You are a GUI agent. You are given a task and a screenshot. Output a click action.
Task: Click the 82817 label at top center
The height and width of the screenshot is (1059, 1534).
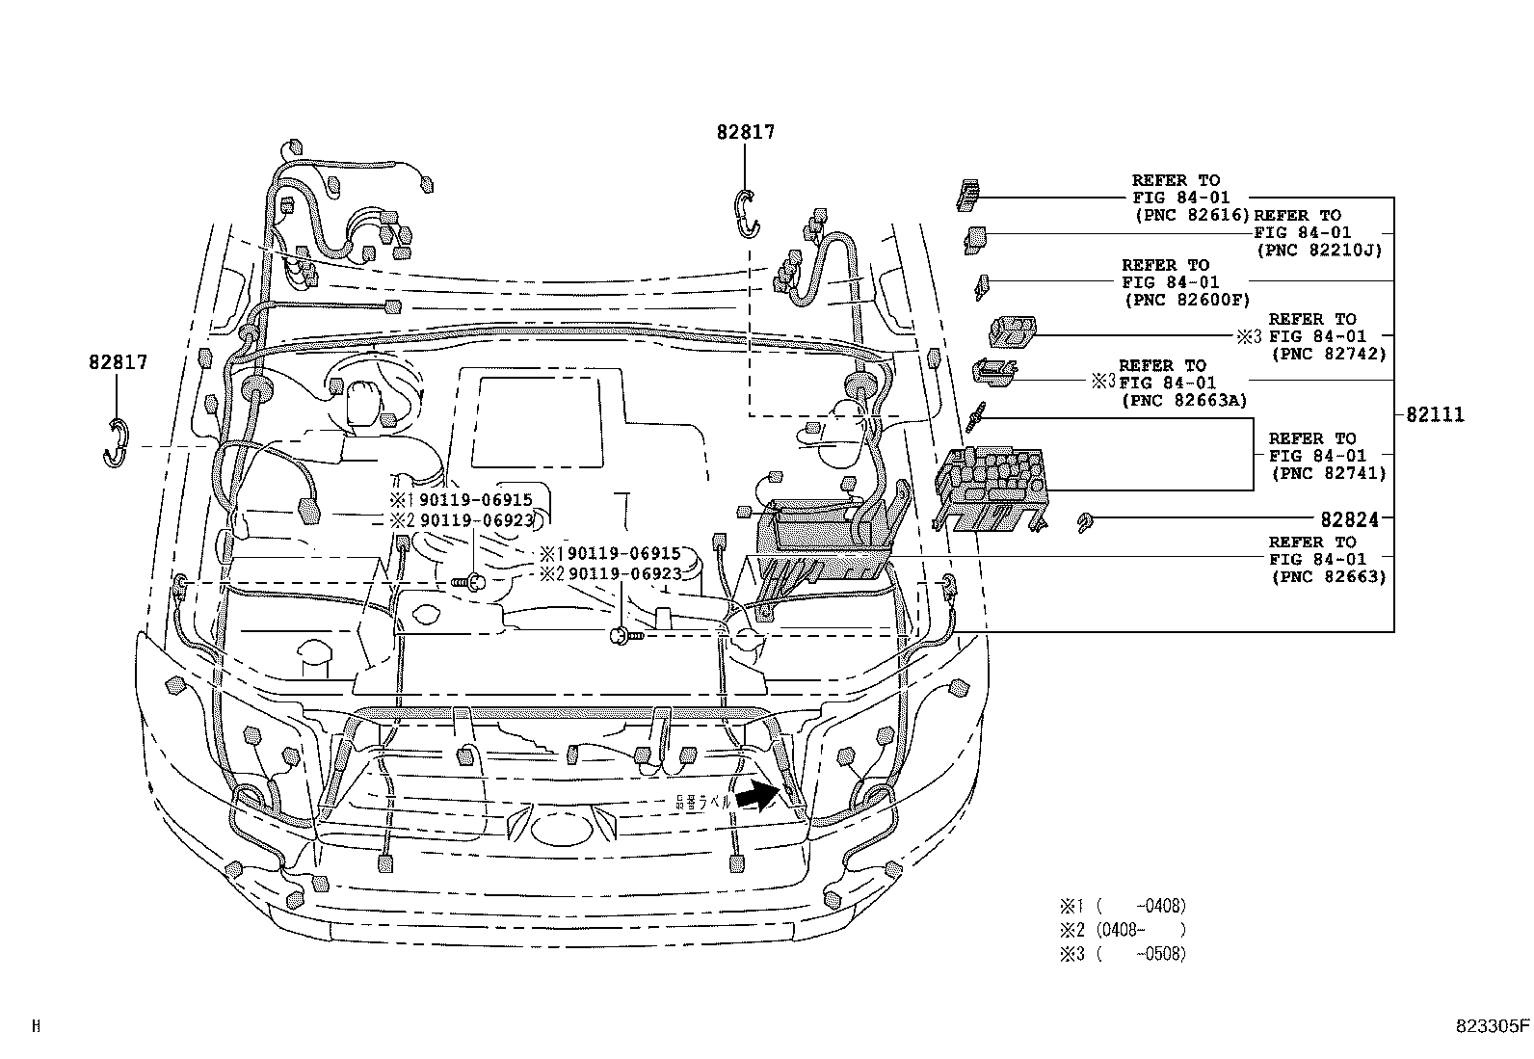tap(745, 133)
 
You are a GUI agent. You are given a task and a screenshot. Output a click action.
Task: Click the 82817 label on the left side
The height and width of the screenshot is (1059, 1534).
tap(118, 363)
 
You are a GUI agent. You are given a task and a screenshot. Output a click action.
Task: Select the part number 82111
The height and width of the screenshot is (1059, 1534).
tap(1434, 415)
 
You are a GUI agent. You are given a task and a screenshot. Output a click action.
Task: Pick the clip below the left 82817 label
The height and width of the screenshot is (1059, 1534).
tap(117, 443)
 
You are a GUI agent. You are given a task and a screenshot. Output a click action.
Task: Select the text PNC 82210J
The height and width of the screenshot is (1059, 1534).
tap(1318, 250)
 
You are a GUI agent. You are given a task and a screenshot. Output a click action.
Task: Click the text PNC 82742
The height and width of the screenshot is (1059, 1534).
tap(1328, 354)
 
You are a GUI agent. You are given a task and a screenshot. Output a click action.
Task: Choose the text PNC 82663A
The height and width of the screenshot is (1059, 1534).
tap(1183, 400)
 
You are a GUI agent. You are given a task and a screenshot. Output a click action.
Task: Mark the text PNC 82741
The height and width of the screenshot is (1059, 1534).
tap(1328, 473)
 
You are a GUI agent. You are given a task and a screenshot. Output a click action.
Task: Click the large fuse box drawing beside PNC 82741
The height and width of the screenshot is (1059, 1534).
tap(992, 489)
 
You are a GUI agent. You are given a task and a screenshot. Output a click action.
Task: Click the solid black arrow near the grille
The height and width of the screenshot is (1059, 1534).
tap(758, 796)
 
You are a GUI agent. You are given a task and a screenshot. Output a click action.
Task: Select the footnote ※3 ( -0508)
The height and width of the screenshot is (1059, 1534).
tap(1123, 954)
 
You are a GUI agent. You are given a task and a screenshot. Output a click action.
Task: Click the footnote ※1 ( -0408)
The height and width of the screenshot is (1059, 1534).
tap(1123, 906)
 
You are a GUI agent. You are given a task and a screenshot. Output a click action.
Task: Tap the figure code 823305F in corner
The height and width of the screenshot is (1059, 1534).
tap(1492, 1026)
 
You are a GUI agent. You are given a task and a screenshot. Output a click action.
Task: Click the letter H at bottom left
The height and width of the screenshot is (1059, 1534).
tap(37, 1026)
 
